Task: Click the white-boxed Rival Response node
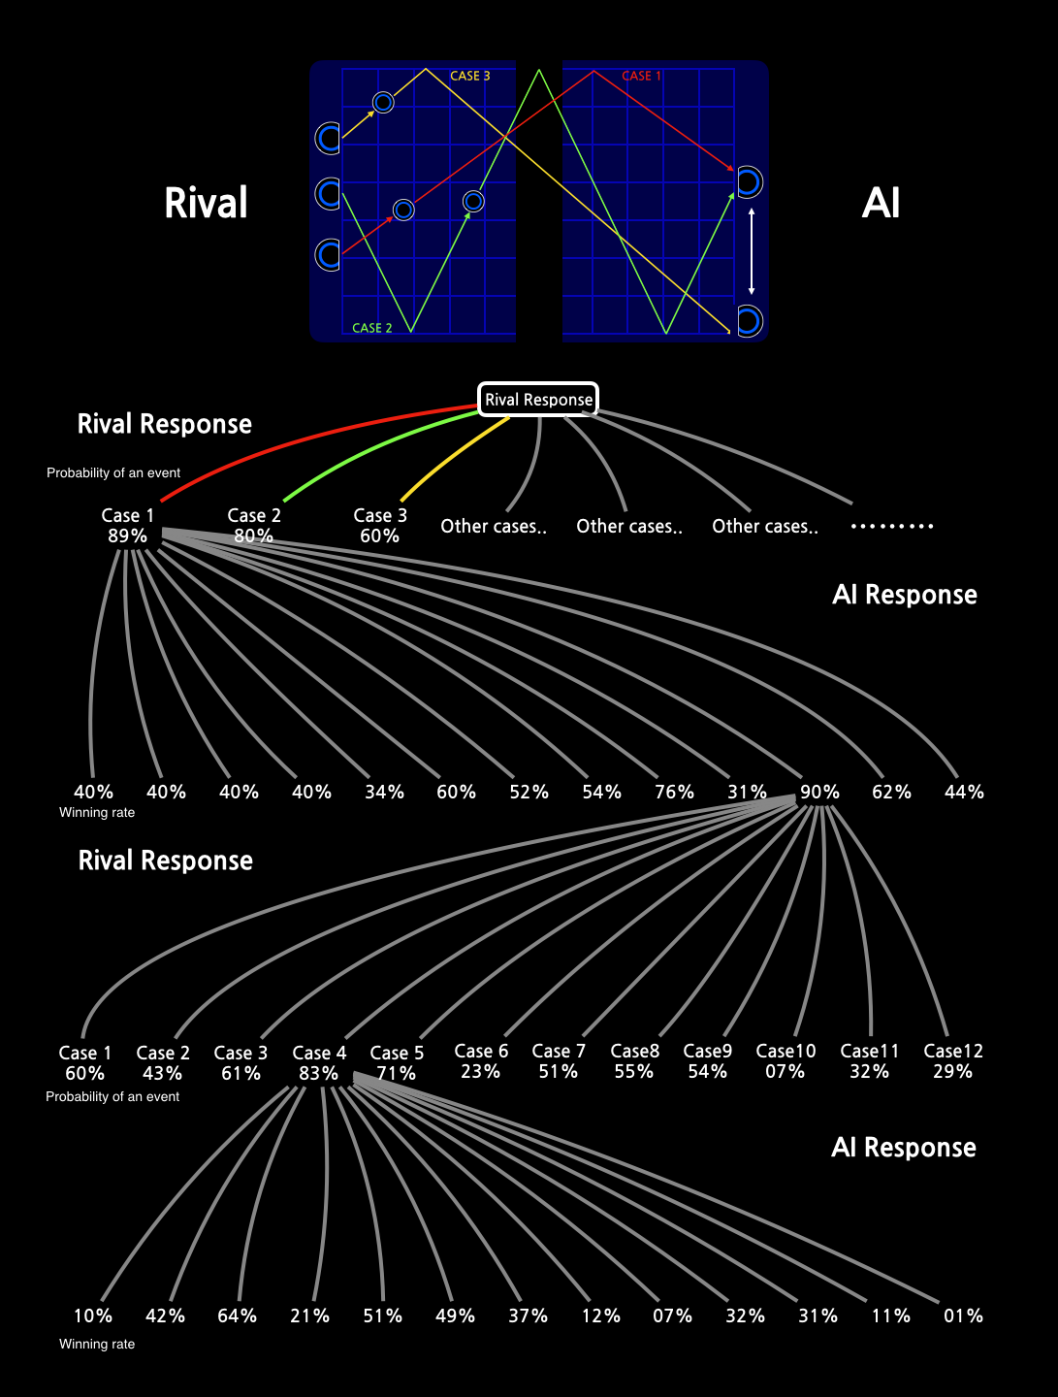tap(538, 399)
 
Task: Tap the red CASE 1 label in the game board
tap(641, 76)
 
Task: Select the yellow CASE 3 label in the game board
tap(469, 76)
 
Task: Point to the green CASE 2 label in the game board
tap(372, 328)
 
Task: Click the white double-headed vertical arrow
tap(752, 250)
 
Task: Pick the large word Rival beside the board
tap(206, 204)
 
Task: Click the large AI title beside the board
tap(881, 204)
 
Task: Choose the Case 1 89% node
tap(128, 526)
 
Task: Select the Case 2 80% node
tap(254, 526)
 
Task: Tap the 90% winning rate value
tap(819, 792)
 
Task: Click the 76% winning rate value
tap(674, 792)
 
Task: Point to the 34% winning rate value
tap(384, 792)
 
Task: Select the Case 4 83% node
tap(319, 1063)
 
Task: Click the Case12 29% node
tap(953, 1061)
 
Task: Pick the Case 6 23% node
tap(481, 1061)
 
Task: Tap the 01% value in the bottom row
tap(963, 1316)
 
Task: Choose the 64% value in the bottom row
tap(237, 1316)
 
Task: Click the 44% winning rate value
tap(964, 792)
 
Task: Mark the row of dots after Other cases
tap(892, 526)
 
